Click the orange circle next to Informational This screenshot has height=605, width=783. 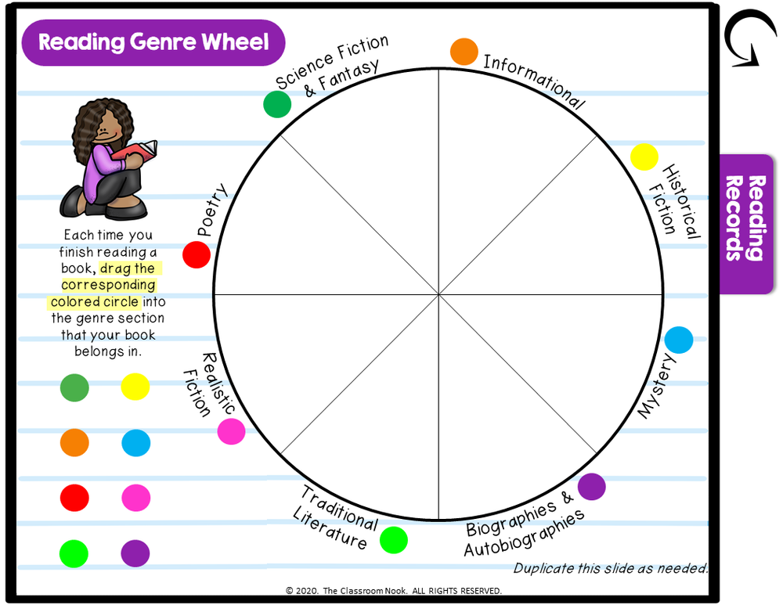464,52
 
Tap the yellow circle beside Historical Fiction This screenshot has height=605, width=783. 644,157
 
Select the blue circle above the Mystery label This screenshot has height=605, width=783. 679,340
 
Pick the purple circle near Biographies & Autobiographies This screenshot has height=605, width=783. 592,487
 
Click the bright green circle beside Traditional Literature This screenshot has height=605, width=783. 394,540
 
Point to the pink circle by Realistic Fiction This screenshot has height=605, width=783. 231,431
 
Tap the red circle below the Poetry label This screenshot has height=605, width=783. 197,254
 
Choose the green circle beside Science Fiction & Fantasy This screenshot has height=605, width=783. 277,104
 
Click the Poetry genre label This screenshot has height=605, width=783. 211,210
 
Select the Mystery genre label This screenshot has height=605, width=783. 657,386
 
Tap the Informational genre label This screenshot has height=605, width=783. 534,81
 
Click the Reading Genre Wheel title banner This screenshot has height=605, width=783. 153,42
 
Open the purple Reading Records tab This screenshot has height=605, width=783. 745,223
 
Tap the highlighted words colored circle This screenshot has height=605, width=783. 95,302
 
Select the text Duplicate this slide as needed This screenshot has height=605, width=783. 610,568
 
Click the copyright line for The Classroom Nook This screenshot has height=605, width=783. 394,591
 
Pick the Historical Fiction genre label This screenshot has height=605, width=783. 674,200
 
